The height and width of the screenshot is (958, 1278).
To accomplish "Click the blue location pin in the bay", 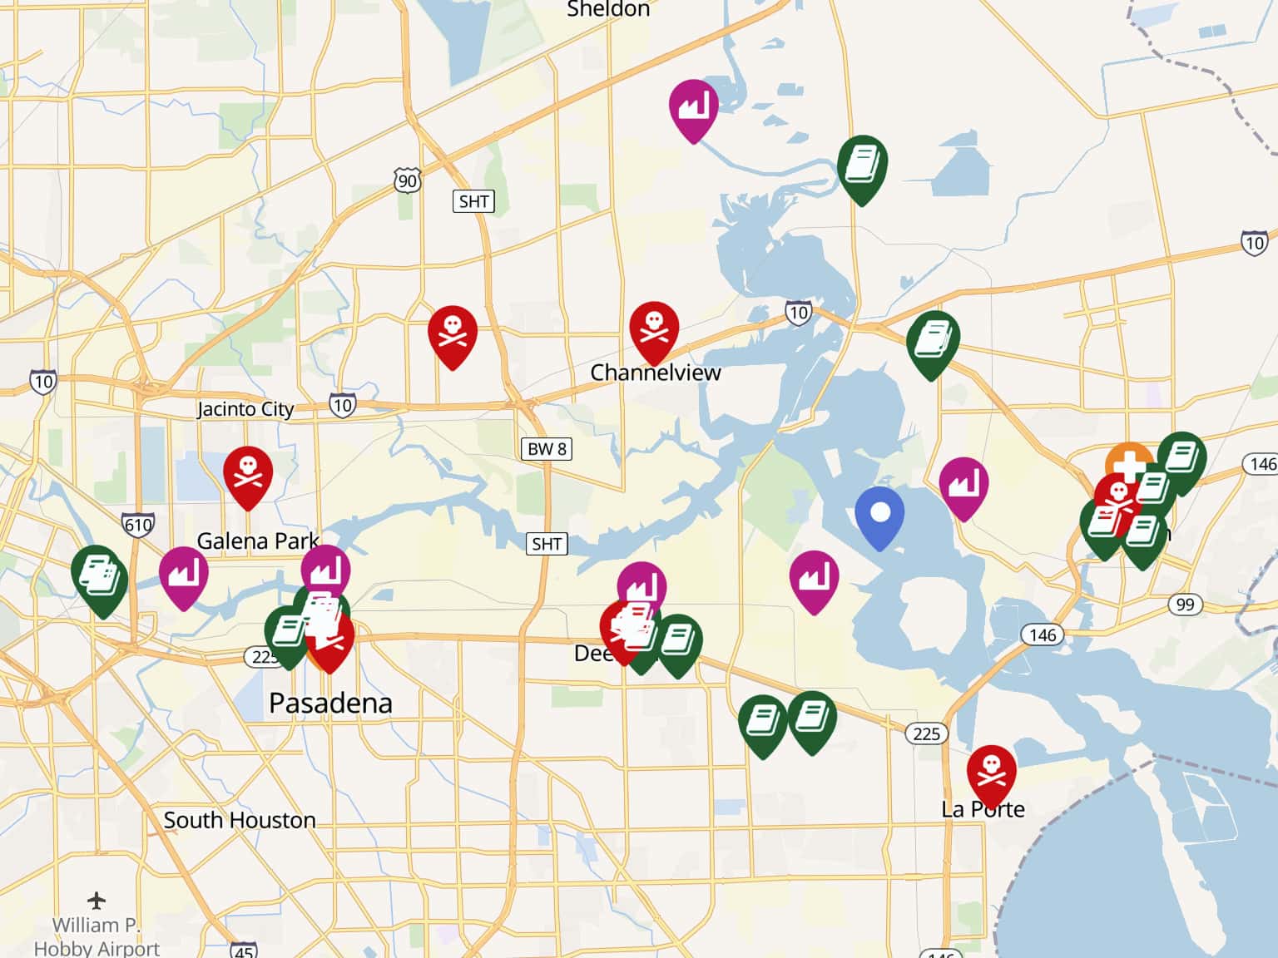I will pos(879,514).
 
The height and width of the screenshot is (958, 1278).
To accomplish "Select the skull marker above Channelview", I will pos(654,328).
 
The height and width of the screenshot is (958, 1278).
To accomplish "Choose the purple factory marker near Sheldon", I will pos(693,106).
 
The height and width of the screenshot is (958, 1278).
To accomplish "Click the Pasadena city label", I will pos(330,704).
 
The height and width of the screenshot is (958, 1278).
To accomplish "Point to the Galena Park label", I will pos(257,541).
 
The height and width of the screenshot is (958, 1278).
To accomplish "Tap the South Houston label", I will pos(240,820).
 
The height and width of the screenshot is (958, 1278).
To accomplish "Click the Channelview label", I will pos(656,373).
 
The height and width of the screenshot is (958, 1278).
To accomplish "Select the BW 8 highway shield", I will pos(547,449).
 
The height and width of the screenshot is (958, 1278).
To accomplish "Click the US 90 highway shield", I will pos(407,180).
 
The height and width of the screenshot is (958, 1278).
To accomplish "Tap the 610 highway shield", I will pos(138,525).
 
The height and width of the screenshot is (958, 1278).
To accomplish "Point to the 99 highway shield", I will pos(1185,604).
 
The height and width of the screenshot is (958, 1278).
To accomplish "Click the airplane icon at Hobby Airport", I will pos(97,901).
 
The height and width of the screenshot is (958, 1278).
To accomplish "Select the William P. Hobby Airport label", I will pos(97,936).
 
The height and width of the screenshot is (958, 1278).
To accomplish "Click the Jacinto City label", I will pos(245,409).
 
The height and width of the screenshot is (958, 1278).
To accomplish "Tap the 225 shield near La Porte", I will pos(926,733).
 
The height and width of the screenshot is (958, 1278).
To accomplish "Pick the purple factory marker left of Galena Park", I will pos(183,573).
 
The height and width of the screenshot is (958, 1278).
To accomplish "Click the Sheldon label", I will pos(608,10).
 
